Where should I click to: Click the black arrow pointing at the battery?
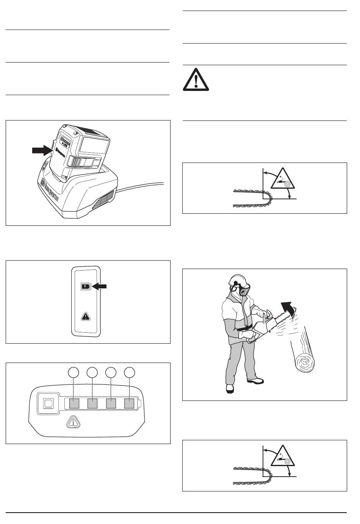tap(41, 150)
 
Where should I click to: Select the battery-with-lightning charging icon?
tap(86, 287)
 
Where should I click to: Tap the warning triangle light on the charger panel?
tap(86, 317)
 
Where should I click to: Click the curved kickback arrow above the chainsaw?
tap(289, 307)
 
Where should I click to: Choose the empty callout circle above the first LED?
tap(74, 373)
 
